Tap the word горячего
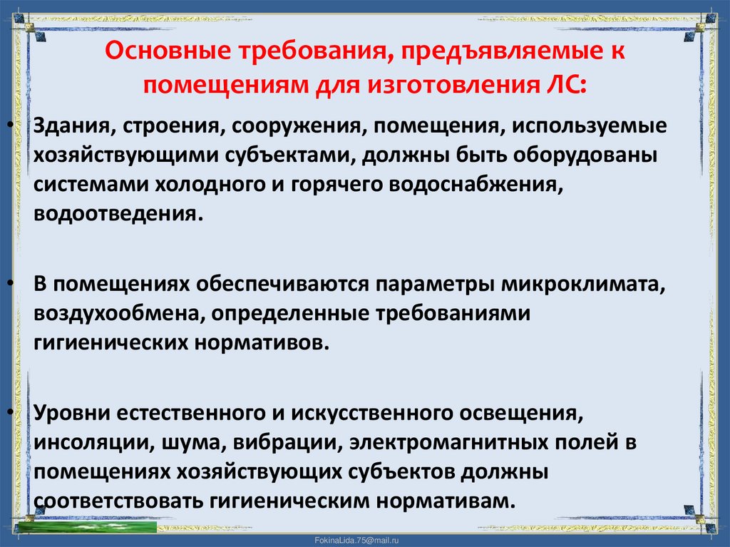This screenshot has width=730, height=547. click(x=327, y=185)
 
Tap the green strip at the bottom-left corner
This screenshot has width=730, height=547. click(x=86, y=528)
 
